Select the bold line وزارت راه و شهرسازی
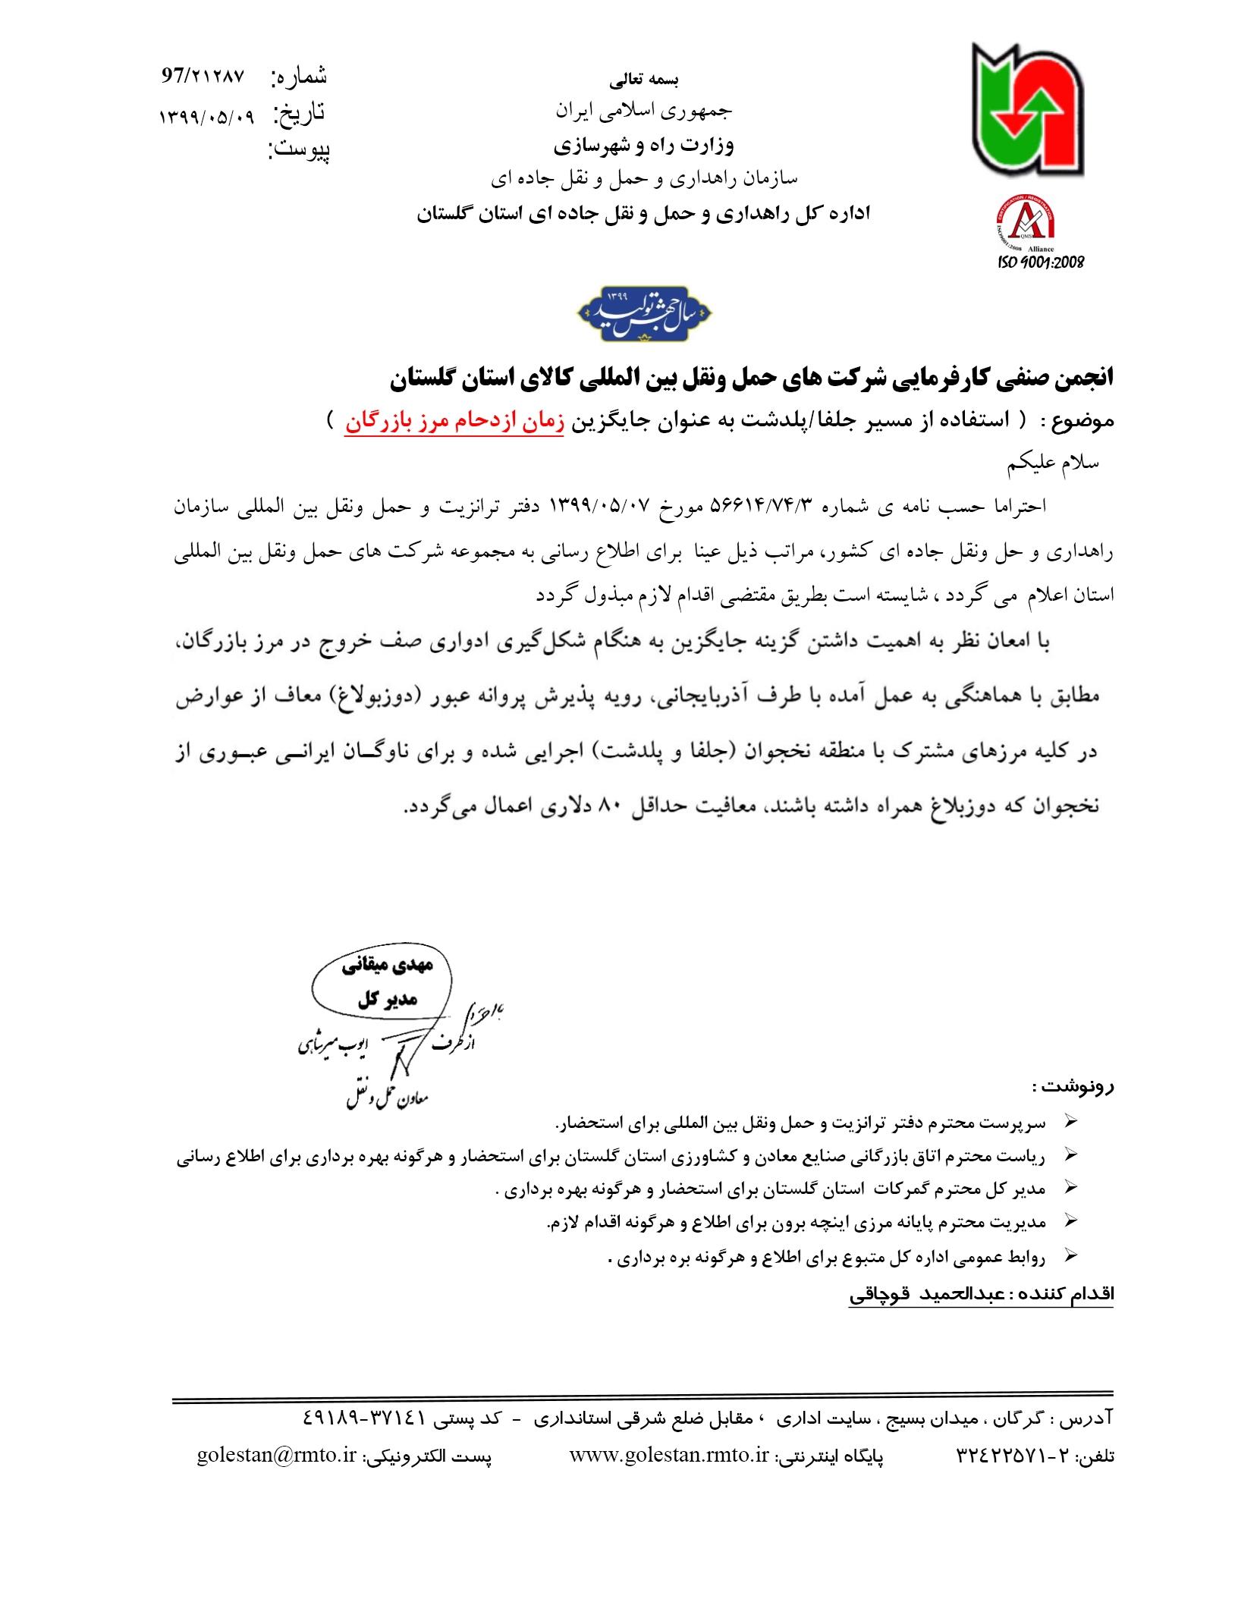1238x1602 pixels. point(643,144)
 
